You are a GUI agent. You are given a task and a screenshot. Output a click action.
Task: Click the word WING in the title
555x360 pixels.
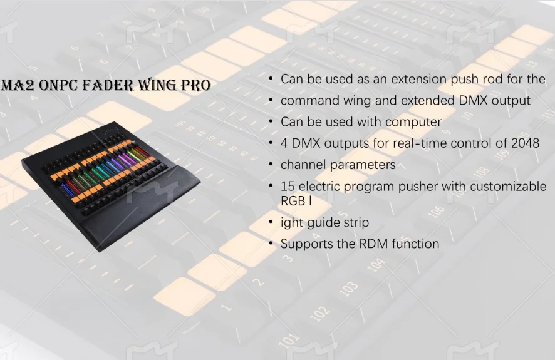pos(157,85)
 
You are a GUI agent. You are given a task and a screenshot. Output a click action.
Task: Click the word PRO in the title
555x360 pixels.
pos(195,85)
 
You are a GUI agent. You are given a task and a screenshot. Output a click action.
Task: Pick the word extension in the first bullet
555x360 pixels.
pos(413,80)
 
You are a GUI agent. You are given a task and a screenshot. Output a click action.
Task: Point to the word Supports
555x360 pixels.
pos(307,244)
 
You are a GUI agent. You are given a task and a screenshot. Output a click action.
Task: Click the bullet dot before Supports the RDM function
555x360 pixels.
pos(271,244)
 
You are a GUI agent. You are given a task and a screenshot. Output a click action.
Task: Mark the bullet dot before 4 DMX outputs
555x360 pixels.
pos(271,143)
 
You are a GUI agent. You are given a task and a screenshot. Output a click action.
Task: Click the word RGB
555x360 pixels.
pos(293,201)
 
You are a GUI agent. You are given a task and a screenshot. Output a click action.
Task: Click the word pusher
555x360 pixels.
pos(417,187)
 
